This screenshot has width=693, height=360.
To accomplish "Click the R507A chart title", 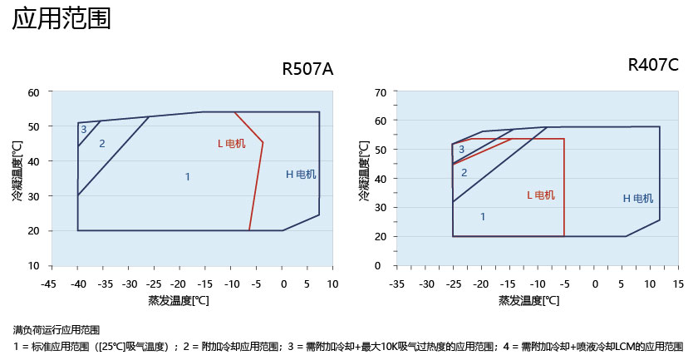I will coord(307,69).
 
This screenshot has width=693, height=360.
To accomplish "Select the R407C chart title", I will coord(653,65).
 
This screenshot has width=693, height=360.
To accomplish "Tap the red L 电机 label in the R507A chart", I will coord(231,144).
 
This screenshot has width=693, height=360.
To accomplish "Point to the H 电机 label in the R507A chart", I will coord(301,175).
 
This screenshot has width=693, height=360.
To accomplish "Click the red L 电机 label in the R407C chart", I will coord(541,195).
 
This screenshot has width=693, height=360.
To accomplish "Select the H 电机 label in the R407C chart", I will coord(638,199).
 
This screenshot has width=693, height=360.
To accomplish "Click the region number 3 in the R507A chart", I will coord(83,130).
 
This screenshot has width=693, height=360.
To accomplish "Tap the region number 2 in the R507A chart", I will coord(102,144).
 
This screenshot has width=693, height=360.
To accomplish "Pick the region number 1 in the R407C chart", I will coord(483,216).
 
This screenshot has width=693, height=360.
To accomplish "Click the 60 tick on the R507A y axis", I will coord(33,92).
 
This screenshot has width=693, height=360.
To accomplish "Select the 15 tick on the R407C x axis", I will coord(678,284).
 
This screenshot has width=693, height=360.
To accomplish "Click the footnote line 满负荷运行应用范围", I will coord(57,329).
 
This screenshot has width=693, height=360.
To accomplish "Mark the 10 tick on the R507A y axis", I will coord(33,266).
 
